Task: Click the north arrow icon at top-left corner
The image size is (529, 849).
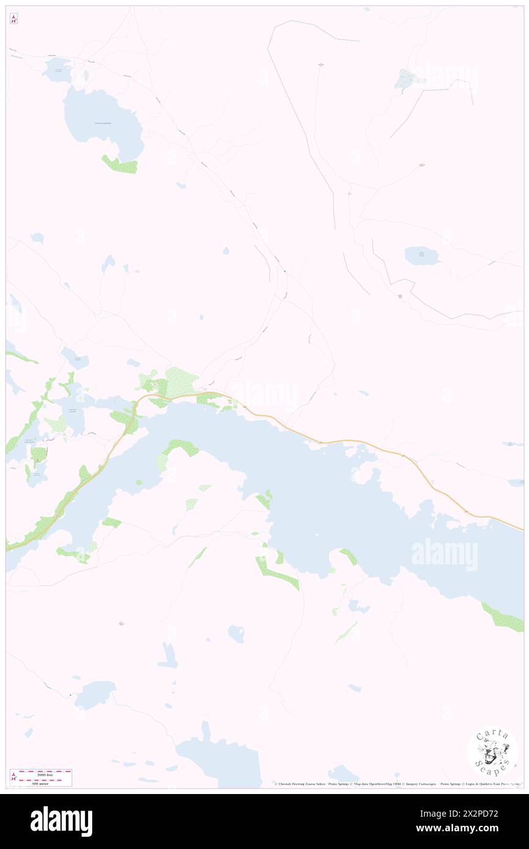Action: pyautogui.click(x=13, y=20)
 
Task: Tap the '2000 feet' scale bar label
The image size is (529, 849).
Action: pyautogui.click(x=45, y=774)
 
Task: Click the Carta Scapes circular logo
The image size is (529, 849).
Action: pyautogui.click(x=492, y=751)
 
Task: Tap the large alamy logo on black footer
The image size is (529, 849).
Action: pyautogui.click(x=61, y=820)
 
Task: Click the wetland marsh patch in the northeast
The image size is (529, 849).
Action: pyautogui.click(x=404, y=79)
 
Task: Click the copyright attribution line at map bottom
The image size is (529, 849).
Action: pyautogui.click(x=397, y=784)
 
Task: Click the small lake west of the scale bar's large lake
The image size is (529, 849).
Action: pyautogui.click(x=95, y=693)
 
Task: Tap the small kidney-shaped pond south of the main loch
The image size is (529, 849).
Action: pyautogui.click(x=236, y=633)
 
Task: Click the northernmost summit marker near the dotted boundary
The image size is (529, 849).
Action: pyautogui.click(x=321, y=64)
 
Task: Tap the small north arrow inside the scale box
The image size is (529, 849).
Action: pyautogui.click(x=13, y=777)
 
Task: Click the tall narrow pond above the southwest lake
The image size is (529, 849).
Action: pyautogui.click(x=168, y=655)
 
